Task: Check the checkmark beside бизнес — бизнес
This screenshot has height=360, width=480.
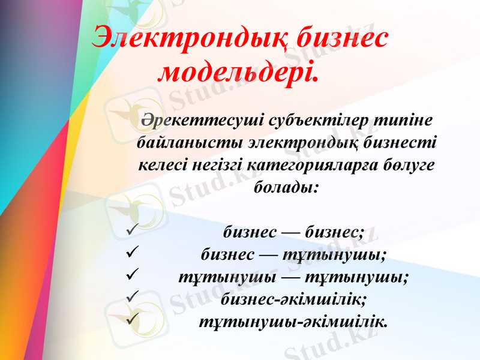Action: pos(133,230)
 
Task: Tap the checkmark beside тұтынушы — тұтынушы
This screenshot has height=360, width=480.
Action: pos(133,275)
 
